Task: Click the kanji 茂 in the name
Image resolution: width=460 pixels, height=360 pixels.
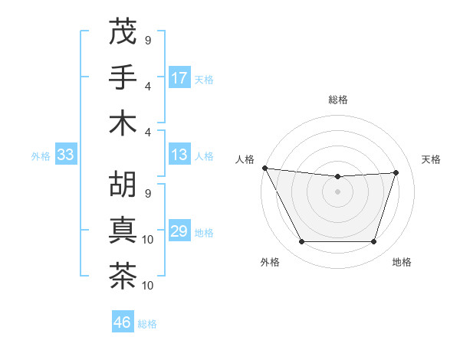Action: pyautogui.click(x=123, y=31)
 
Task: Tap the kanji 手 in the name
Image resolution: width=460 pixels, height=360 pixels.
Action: pyautogui.click(x=123, y=77)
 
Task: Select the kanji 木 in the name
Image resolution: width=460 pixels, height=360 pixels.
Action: pyautogui.click(x=123, y=123)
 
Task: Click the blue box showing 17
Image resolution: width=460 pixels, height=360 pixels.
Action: pyautogui.click(x=179, y=78)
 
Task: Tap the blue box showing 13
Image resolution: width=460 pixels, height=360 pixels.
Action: pyautogui.click(x=179, y=155)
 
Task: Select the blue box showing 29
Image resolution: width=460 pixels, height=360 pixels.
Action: pyautogui.click(x=179, y=232)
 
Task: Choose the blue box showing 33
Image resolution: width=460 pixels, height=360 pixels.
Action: pyautogui.click(x=65, y=155)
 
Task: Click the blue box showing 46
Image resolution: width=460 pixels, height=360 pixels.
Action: pyautogui.click(x=123, y=322)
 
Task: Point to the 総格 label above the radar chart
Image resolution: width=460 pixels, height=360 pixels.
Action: pyautogui.click(x=338, y=100)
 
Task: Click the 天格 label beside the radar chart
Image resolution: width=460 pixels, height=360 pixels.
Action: pyautogui.click(x=431, y=159)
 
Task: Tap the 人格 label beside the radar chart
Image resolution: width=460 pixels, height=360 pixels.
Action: pyautogui.click(x=245, y=159)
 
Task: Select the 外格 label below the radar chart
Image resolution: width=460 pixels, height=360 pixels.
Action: pyautogui.click(x=269, y=263)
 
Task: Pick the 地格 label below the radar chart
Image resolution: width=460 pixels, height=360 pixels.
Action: pyautogui.click(x=402, y=263)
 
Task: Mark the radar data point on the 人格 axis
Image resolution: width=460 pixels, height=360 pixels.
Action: pyautogui.click(x=264, y=168)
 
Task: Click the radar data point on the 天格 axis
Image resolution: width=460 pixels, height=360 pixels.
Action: pyautogui.click(x=396, y=172)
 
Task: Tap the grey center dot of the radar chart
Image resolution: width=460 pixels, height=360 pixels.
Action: pyautogui.click(x=337, y=191)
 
